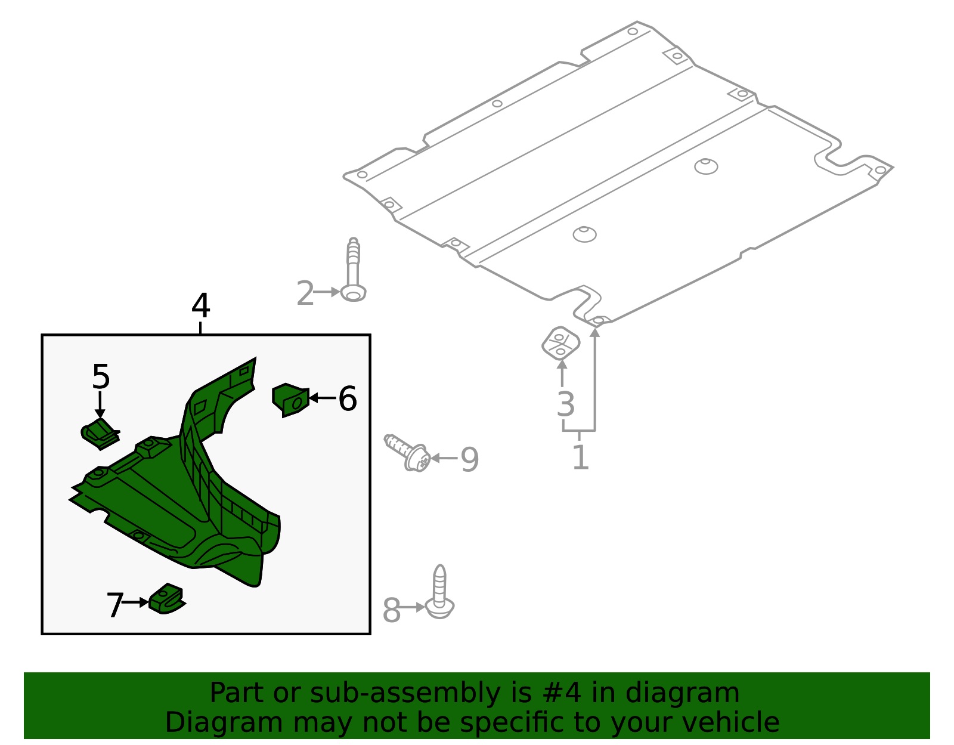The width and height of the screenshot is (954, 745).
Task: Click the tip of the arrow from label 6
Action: click(x=309, y=398)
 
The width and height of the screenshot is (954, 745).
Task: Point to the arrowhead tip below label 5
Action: click(x=100, y=418)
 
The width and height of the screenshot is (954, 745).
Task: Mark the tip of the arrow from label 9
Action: click(x=430, y=458)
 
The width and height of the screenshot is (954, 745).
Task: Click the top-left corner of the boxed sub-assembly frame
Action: click(x=42, y=335)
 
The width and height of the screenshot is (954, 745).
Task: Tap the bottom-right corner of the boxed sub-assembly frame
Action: click(x=370, y=633)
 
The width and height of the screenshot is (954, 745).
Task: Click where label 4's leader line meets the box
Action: click(x=200, y=335)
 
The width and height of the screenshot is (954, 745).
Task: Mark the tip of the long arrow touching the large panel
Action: click(x=595, y=327)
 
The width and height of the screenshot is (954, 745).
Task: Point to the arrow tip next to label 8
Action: click(x=425, y=607)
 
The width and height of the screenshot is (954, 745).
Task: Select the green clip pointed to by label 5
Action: click(x=101, y=434)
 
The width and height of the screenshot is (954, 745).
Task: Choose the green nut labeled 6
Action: click(x=290, y=400)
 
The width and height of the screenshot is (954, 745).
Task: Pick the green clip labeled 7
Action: click(x=167, y=599)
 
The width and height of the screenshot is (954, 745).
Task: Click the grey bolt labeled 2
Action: click(x=354, y=270)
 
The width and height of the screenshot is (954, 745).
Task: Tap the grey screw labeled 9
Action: click(x=407, y=453)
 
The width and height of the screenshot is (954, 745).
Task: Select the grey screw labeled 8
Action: click(x=439, y=592)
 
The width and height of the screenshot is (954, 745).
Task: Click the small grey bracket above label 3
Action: click(x=560, y=343)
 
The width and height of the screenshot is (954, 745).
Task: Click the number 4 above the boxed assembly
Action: click(x=200, y=305)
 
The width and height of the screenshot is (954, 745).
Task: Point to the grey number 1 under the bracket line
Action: click(x=580, y=457)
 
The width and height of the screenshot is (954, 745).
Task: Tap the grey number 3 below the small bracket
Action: click(x=565, y=404)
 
